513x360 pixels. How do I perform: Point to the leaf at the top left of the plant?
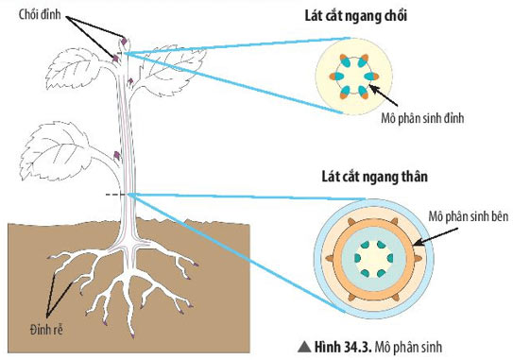tap(81, 67)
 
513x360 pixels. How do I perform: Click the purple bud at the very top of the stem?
tap(125, 40)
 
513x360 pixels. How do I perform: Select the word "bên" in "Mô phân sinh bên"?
tap(500, 216)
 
